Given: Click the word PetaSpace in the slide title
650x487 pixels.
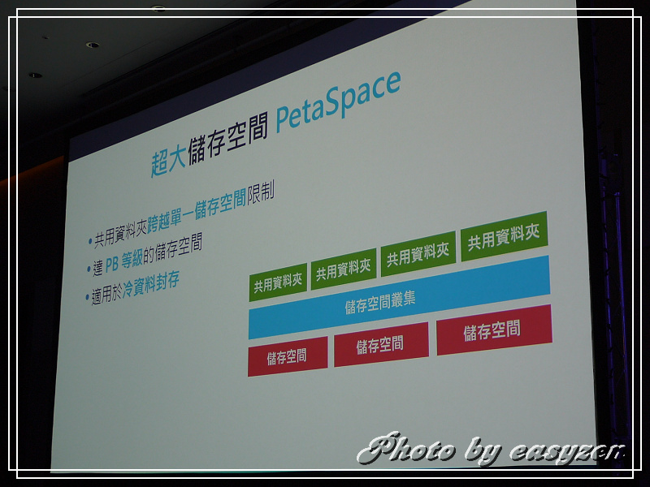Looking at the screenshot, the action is [x=338, y=101].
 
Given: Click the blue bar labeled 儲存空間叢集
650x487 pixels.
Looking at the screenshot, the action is [x=399, y=297].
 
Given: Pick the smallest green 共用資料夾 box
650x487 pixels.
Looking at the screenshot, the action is [x=278, y=282].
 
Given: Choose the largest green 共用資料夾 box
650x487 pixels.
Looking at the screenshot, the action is [x=504, y=236].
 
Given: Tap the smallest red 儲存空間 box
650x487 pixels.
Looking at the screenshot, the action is [x=288, y=356].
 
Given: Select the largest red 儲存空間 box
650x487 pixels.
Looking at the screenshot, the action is [x=494, y=330].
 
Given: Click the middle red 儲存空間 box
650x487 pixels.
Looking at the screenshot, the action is [x=381, y=344].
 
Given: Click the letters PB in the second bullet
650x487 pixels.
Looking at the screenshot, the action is [x=112, y=265].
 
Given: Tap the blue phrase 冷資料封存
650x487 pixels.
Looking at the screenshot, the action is [x=151, y=286].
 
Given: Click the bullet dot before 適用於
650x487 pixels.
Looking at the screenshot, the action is [x=88, y=297].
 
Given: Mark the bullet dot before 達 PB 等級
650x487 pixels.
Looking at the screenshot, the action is [x=89, y=269].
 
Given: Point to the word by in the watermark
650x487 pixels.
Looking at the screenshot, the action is [x=483, y=451].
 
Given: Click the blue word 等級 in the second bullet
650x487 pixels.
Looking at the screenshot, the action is [x=132, y=260].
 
